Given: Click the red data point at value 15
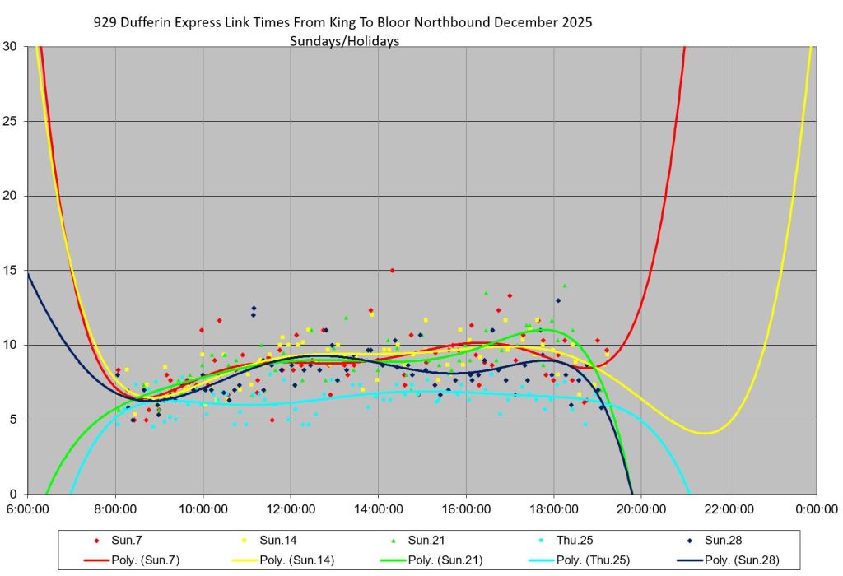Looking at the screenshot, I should pos(392,270).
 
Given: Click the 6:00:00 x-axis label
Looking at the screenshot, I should pos(28,510).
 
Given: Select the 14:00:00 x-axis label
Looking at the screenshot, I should pos(378,510).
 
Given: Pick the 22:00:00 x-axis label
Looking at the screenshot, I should pos(729,510).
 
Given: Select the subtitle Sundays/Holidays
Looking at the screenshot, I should pos(345,40).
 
